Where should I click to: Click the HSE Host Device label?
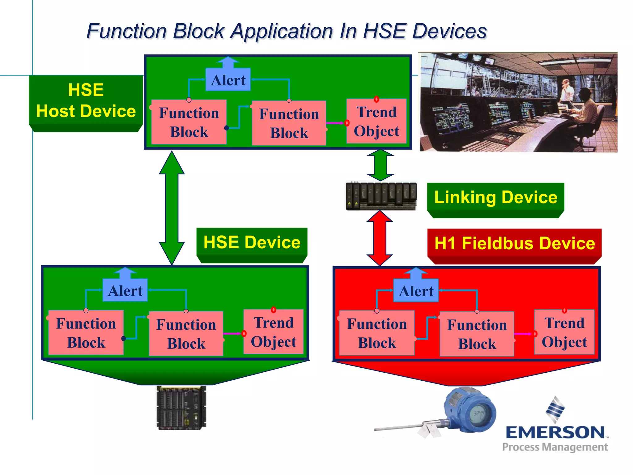(x=86, y=101)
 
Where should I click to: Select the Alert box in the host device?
(x=228, y=80)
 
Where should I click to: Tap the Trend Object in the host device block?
(x=376, y=122)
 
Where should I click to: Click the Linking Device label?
(x=495, y=197)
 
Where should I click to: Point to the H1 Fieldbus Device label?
(x=514, y=243)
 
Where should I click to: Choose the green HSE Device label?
(x=252, y=242)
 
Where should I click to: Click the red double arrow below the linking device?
(x=380, y=238)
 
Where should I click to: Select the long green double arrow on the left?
(x=172, y=208)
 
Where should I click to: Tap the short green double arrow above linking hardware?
(x=380, y=165)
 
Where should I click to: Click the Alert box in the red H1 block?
(x=416, y=291)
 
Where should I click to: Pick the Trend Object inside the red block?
(x=564, y=332)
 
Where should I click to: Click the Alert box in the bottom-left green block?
(x=125, y=291)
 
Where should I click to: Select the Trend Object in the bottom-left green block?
(x=274, y=332)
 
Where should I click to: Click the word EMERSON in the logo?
(x=555, y=432)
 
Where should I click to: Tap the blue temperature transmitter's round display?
(x=479, y=413)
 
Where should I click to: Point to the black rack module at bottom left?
(x=181, y=408)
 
